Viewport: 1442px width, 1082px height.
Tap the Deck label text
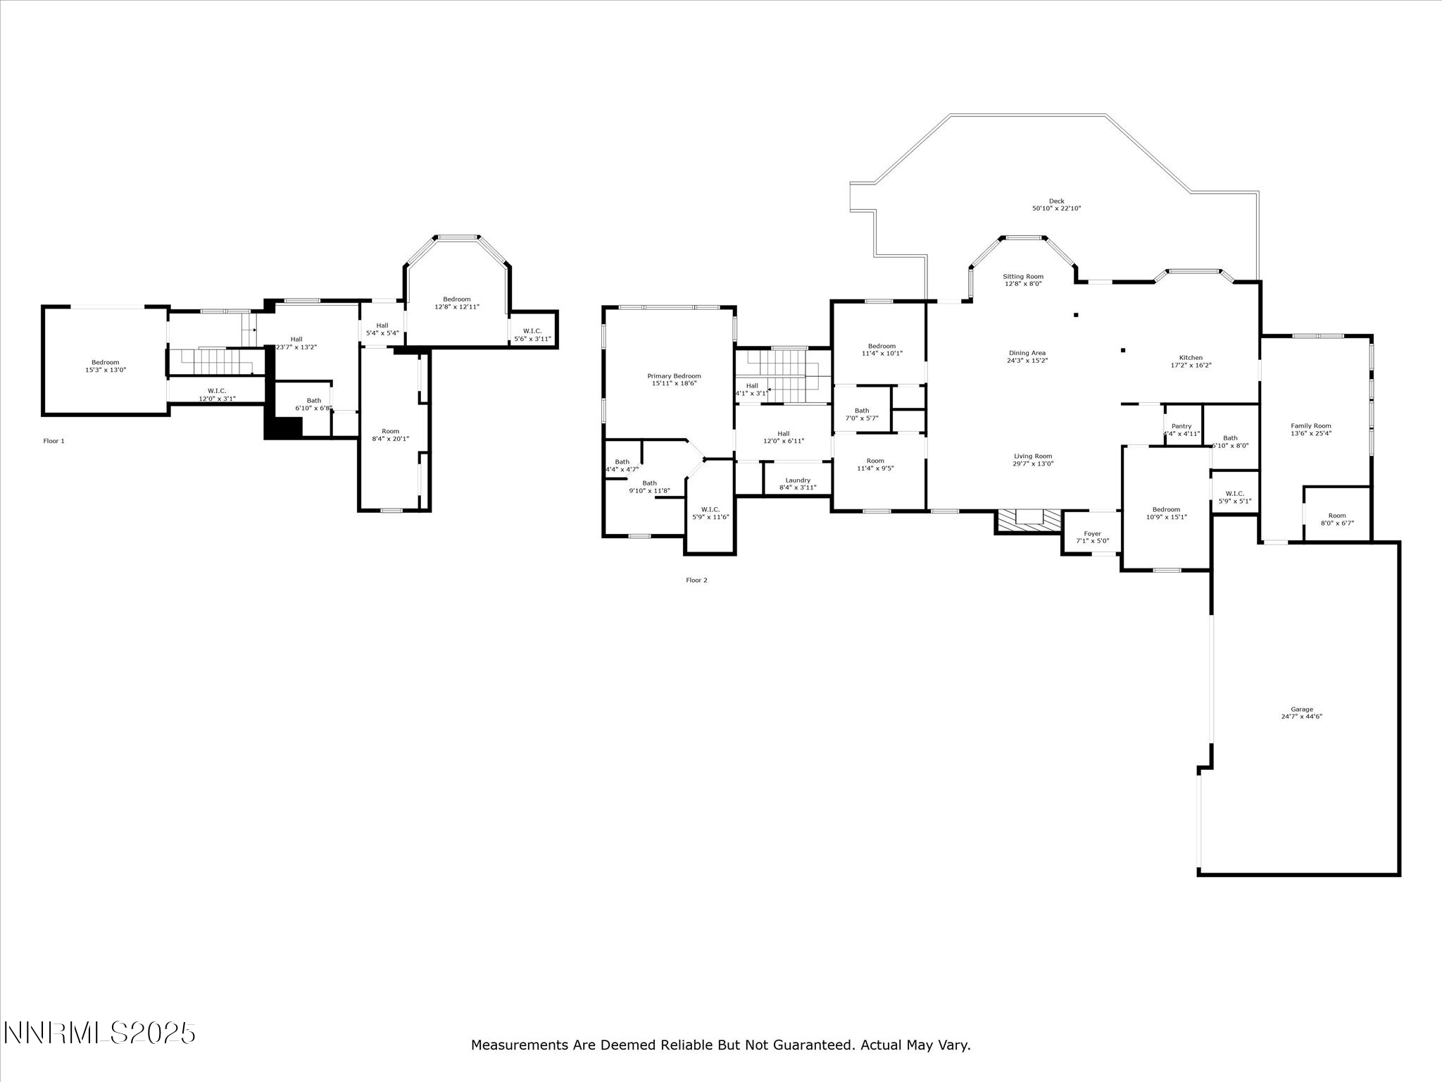click(1056, 204)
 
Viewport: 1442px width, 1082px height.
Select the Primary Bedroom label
click(674, 380)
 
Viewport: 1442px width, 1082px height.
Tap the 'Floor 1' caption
click(54, 441)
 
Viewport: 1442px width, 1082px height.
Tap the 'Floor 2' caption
click(696, 580)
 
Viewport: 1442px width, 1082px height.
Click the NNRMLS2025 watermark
click(99, 1033)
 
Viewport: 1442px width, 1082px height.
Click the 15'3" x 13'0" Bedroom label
click(105, 366)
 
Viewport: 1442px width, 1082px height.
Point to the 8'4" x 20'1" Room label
click(390, 435)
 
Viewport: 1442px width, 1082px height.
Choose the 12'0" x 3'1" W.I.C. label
click(217, 394)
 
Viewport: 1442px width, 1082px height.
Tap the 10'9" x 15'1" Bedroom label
click(1166, 513)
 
